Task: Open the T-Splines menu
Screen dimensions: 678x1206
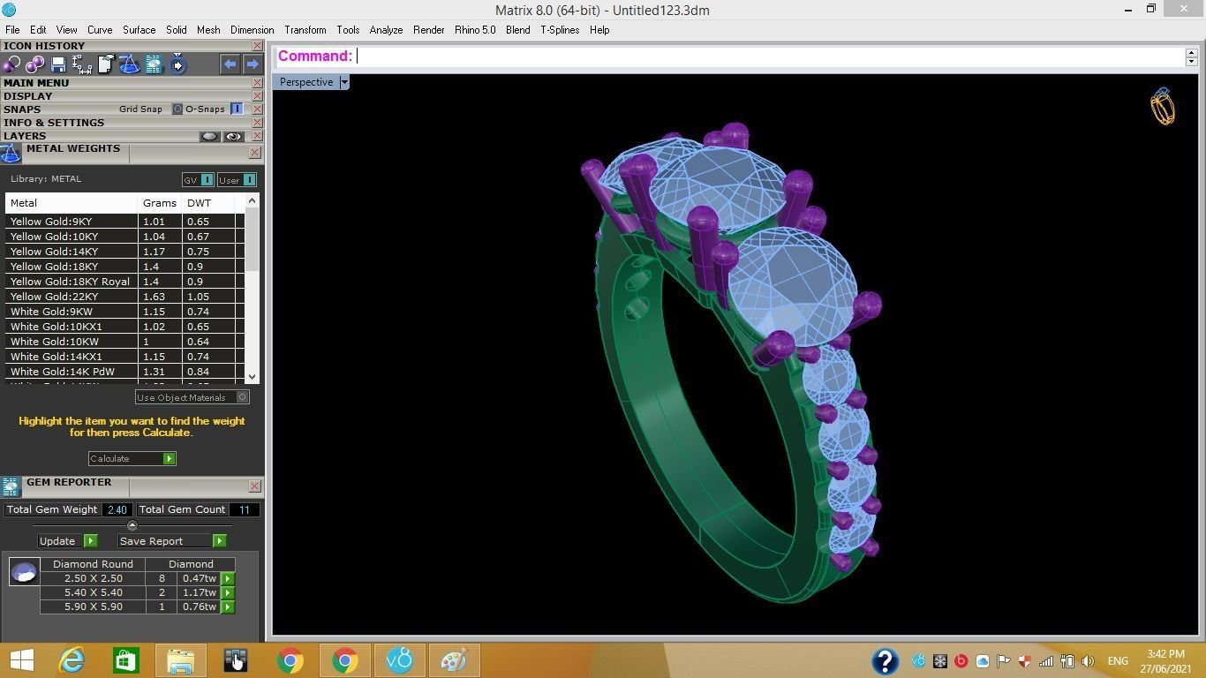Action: [x=560, y=30]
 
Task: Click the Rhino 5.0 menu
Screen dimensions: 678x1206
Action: [x=475, y=30]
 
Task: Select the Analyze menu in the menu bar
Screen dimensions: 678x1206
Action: [x=386, y=30]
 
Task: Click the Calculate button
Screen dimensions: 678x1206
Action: [x=132, y=459]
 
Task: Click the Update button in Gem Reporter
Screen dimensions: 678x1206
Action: [x=67, y=541]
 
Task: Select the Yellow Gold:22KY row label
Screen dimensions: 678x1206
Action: [x=55, y=297]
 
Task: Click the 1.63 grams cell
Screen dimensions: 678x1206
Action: [x=154, y=297]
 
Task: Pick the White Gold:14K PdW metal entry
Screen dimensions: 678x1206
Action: [x=63, y=372]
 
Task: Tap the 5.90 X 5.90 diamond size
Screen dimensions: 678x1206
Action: [x=93, y=607]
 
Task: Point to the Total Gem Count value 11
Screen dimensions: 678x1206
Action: [x=244, y=509]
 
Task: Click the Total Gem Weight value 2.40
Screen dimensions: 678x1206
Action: [x=117, y=509]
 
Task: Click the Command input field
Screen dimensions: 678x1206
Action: [x=768, y=56]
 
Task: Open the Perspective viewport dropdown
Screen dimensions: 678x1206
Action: [x=344, y=82]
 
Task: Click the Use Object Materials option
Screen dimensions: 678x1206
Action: [x=192, y=397]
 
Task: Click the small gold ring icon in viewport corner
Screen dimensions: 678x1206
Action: [x=1163, y=107]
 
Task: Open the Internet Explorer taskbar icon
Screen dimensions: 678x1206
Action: [x=72, y=660]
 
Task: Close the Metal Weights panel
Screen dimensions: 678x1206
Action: [x=254, y=153]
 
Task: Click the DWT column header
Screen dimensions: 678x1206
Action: [x=200, y=203]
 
